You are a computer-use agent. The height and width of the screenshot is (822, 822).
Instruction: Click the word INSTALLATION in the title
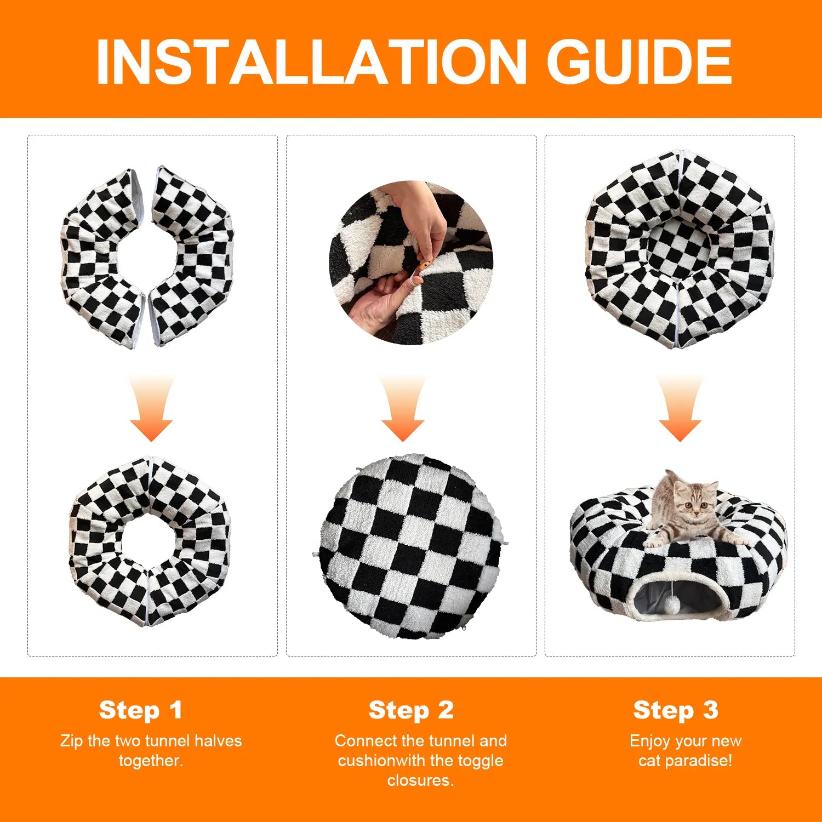[311, 61]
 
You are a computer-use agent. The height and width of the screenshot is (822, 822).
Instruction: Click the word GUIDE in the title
[640, 61]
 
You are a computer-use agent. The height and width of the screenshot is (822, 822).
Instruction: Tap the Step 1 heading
[140, 710]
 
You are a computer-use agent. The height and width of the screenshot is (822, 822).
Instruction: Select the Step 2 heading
[411, 710]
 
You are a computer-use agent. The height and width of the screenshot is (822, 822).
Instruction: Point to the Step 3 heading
[676, 710]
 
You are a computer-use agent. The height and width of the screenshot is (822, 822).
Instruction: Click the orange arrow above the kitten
[680, 409]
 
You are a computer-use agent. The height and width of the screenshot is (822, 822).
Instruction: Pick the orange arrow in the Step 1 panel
[151, 409]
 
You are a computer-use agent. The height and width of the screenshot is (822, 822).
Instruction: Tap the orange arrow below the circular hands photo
[403, 409]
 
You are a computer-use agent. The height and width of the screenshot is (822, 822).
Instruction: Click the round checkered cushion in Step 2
[410, 546]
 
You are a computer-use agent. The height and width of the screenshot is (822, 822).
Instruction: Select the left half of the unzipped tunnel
[103, 258]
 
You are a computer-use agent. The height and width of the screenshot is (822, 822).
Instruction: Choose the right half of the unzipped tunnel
[192, 256]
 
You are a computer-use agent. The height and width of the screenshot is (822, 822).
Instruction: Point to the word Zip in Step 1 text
[72, 741]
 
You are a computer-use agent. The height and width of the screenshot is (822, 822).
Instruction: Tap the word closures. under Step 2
[420, 780]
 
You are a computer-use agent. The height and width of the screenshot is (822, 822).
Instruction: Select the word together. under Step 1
[151, 761]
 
